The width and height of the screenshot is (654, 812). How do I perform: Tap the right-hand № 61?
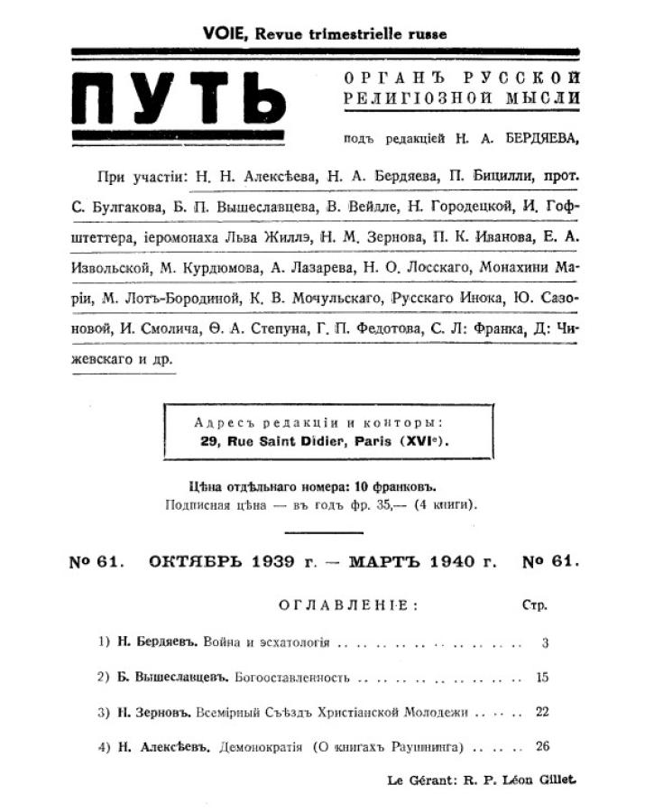pos(550,561)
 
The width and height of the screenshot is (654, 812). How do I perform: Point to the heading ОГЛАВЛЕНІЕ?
pos(348,605)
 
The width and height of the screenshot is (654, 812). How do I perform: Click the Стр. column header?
pos(535,605)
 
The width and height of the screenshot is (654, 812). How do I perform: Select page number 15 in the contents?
pos(541,678)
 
